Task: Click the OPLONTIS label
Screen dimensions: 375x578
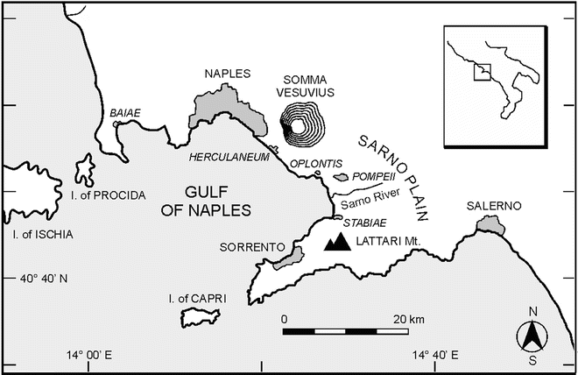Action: coord(311,164)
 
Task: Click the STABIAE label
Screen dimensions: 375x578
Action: coord(362,222)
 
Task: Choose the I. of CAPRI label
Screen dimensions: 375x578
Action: coord(197,300)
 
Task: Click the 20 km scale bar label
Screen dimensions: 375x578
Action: coord(407,317)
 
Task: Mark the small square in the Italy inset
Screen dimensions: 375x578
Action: coord(481,72)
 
